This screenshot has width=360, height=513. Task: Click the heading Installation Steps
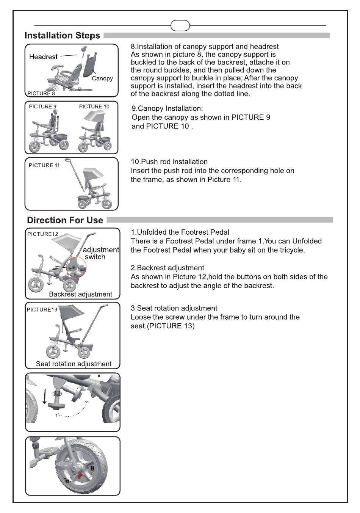tap(62, 36)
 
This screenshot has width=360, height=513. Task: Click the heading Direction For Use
tap(65, 220)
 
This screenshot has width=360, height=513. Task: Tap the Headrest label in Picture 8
tap(43, 57)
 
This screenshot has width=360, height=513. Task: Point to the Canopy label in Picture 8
tap(102, 78)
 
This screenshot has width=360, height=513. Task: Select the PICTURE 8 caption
tap(41, 93)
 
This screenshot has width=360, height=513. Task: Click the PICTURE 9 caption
tap(42, 107)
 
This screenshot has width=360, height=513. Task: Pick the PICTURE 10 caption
tap(94, 107)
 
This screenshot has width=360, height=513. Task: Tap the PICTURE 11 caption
tap(44, 165)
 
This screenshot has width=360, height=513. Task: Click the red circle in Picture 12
tap(76, 267)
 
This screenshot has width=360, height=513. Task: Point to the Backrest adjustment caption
tap(80, 294)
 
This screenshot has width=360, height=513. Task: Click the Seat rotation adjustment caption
tap(74, 364)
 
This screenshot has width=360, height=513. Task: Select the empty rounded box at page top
tap(180, 26)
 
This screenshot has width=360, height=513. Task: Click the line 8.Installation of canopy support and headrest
tap(205, 47)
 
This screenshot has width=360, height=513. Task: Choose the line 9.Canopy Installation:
tap(167, 108)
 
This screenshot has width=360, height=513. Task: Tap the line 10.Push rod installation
tap(169, 162)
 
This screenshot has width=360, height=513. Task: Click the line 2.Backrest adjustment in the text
tap(167, 268)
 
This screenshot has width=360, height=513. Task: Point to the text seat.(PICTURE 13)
tap(163, 326)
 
